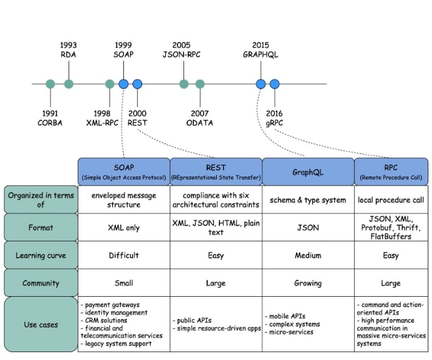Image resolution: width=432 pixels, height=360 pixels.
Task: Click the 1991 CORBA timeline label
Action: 50,118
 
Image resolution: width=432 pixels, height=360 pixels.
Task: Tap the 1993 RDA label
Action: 68,50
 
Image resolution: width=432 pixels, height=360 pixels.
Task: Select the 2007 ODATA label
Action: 199,118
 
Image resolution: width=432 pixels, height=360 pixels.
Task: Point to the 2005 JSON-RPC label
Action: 181,50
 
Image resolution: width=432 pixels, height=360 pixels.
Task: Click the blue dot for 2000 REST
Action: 137,84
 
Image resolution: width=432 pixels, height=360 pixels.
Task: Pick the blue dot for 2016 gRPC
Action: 275,84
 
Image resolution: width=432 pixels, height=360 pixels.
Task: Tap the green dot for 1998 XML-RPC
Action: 109,84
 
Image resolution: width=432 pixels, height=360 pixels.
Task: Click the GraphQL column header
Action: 308,171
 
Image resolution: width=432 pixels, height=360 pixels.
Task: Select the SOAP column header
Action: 124,171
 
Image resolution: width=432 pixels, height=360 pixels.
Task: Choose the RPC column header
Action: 391,171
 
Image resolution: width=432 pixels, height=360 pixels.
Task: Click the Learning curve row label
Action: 41,255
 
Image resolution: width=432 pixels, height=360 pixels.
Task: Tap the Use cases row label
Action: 41,325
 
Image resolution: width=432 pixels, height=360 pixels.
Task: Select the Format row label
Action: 41,227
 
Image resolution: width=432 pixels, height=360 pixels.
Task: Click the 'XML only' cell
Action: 124,227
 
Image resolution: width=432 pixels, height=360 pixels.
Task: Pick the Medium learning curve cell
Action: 308,255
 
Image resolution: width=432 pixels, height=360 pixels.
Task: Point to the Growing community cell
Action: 308,283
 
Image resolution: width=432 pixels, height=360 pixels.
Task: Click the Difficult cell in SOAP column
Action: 124,255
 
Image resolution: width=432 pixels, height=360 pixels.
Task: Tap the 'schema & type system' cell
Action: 308,200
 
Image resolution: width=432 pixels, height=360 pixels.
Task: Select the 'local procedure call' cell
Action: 391,200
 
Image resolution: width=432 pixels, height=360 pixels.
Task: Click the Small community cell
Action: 124,283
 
